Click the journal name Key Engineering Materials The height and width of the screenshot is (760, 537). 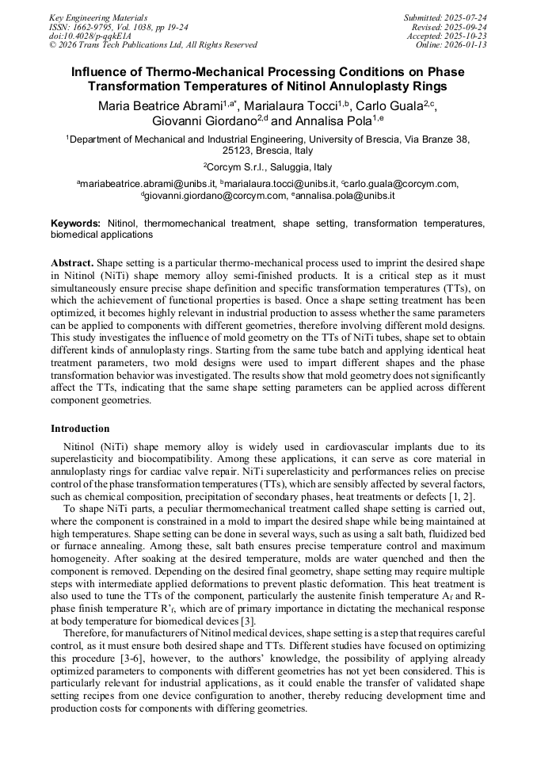pos(97,17)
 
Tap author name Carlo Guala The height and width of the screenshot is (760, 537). pos(388,105)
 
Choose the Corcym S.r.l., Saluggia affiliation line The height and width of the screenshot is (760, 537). pos(268,167)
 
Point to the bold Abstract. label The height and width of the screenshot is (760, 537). pos(72,262)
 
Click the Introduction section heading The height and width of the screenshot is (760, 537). pos(80,429)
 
